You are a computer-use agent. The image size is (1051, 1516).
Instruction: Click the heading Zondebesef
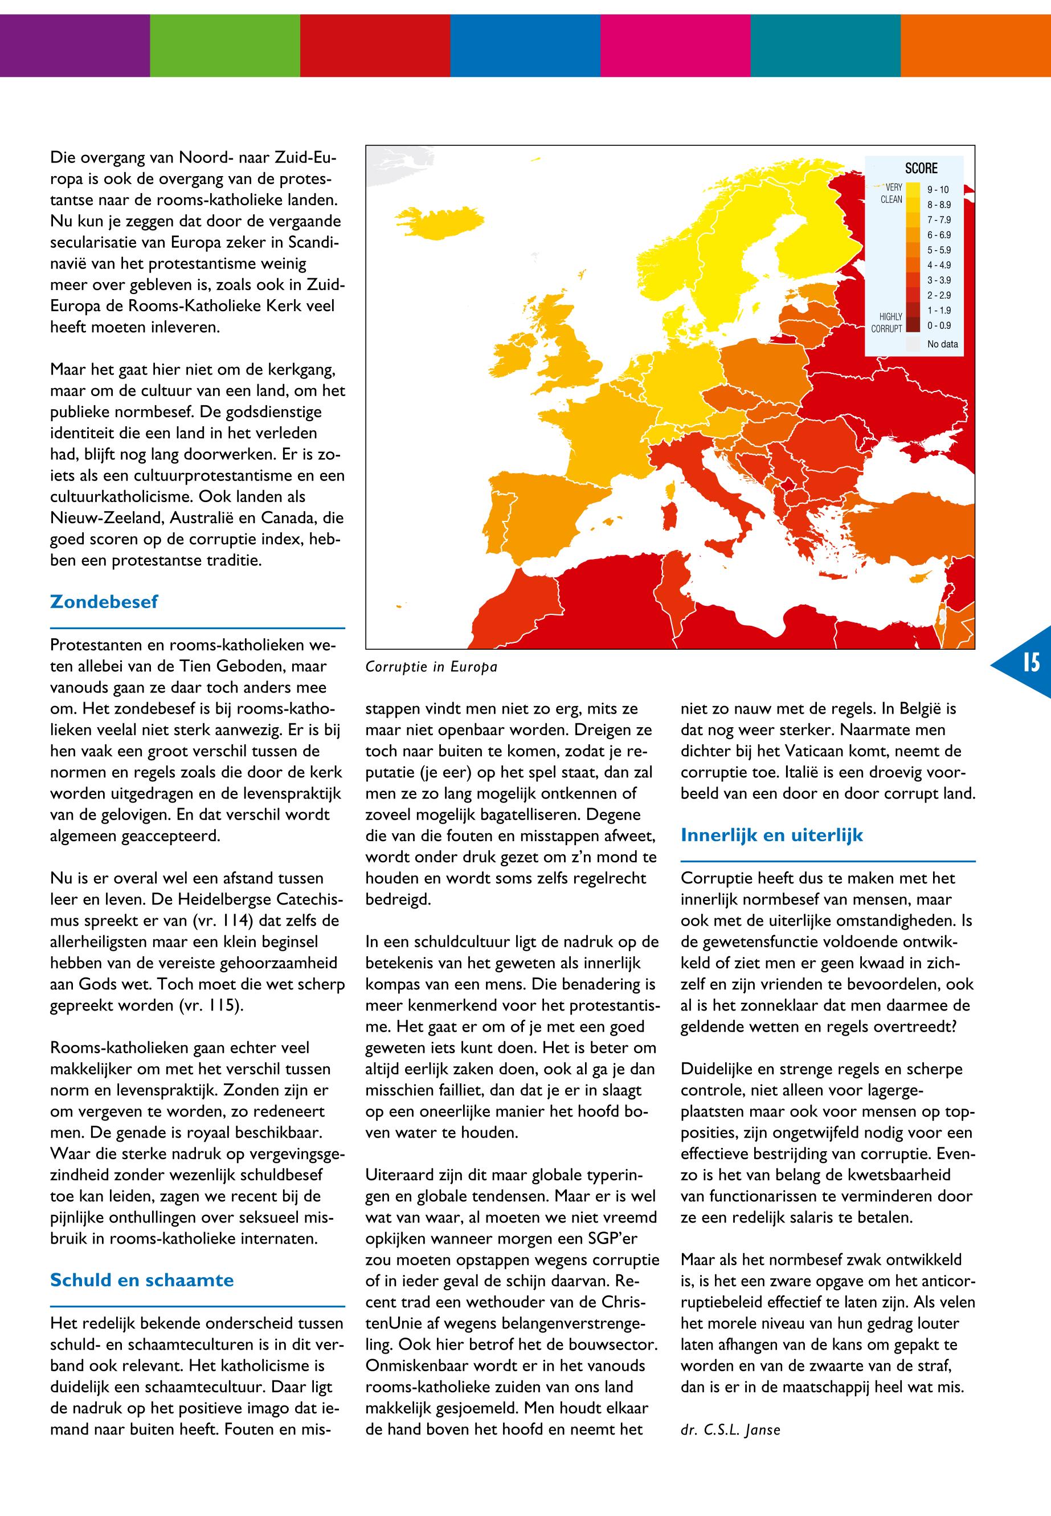click(x=104, y=601)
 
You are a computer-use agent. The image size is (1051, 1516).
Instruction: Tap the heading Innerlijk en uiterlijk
click(x=771, y=836)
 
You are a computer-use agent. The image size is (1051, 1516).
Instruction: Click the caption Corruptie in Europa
click(x=431, y=667)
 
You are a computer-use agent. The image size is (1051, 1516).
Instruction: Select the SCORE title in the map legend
click(x=921, y=169)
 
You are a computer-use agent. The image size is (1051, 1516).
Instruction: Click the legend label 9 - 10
click(x=938, y=190)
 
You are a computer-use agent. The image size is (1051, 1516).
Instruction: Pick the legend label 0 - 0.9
click(x=939, y=325)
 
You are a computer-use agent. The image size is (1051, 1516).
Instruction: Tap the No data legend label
click(x=942, y=344)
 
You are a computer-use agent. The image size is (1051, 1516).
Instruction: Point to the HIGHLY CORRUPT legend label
click(x=886, y=323)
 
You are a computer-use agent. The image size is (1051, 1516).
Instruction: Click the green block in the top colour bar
click(x=224, y=45)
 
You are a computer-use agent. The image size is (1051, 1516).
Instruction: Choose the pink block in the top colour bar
click(x=675, y=45)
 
